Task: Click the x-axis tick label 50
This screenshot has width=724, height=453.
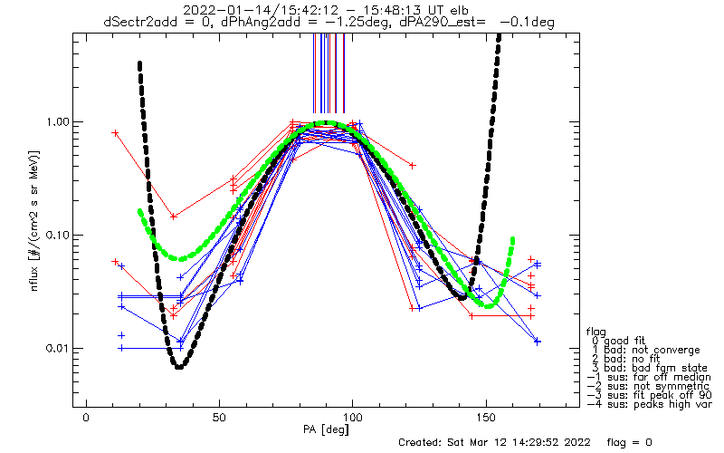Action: click(x=219, y=418)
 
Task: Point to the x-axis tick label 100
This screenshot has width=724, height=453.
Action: click(x=353, y=418)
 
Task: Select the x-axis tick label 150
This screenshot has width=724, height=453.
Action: click(x=486, y=418)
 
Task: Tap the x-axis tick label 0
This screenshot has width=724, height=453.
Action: click(x=86, y=418)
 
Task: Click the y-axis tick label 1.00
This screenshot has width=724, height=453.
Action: click(x=56, y=122)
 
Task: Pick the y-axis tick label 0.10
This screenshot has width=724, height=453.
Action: click(x=56, y=236)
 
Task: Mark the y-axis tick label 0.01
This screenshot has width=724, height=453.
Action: click(x=56, y=348)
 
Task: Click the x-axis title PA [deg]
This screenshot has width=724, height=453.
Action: click(x=326, y=429)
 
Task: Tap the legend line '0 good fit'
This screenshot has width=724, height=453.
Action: click(x=617, y=341)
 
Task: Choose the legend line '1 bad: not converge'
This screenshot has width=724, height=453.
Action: click(x=644, y=350)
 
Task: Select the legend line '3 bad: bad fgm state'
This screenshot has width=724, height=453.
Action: click(x=648, y=368)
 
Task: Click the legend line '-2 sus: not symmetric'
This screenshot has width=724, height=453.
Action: click(x=648, y=386)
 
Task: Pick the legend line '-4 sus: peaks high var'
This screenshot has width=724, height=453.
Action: click(x=649, y=404)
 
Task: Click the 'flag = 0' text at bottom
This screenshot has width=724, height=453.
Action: click(x=629, y=442)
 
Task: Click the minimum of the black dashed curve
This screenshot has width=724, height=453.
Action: click(x=179, y=366)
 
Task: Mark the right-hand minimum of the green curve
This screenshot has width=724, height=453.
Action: click(x=489, y=305)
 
